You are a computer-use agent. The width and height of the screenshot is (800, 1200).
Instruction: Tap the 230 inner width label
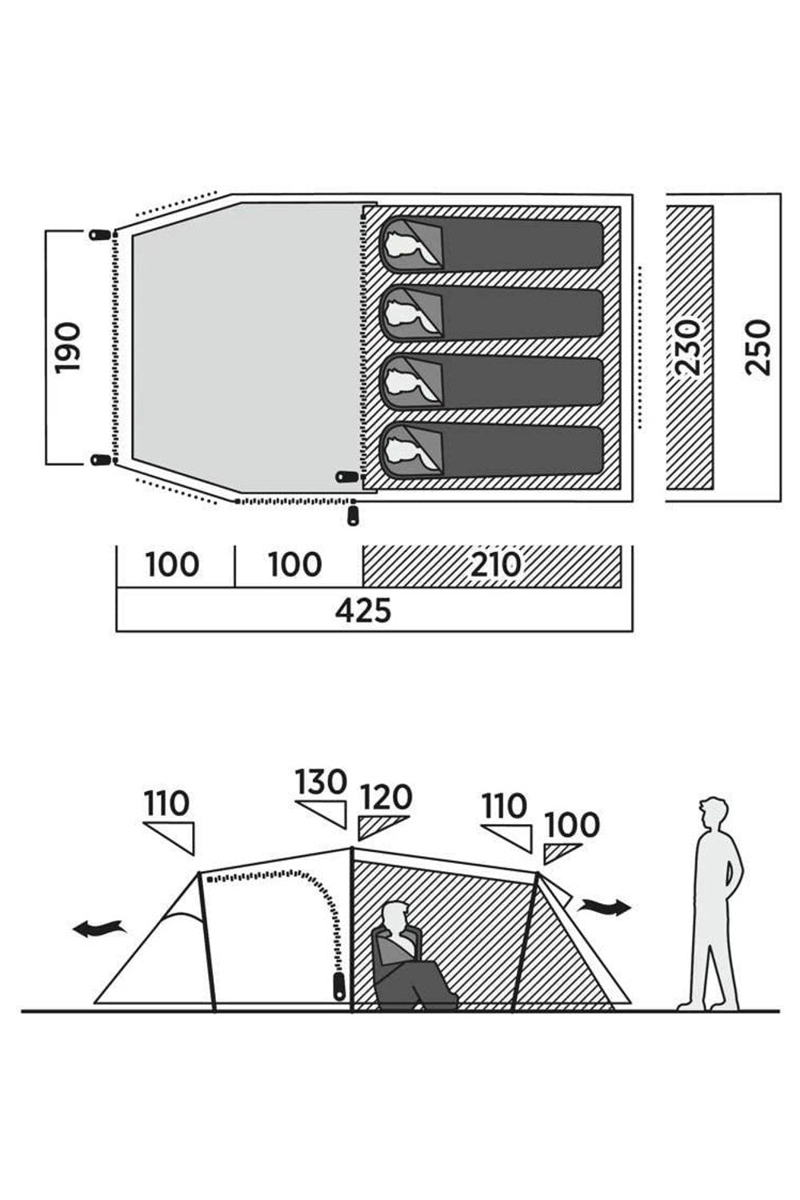pos(688,346)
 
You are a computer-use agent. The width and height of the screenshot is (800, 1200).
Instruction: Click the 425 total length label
pos(364,610)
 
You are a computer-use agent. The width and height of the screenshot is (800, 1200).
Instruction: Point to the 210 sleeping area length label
pos(496,565)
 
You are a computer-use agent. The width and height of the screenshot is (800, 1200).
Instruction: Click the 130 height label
pos(321,782)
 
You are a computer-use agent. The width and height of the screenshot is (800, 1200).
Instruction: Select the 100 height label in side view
pos(572,825)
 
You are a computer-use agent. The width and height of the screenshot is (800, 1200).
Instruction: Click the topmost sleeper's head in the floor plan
pos(406,246)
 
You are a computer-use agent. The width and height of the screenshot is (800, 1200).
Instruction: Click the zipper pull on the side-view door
pos(338,985)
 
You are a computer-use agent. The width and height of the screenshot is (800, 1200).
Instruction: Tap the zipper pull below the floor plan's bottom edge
pos(353,515)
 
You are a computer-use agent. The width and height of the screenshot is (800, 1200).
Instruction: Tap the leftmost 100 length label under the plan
pos(172,565)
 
